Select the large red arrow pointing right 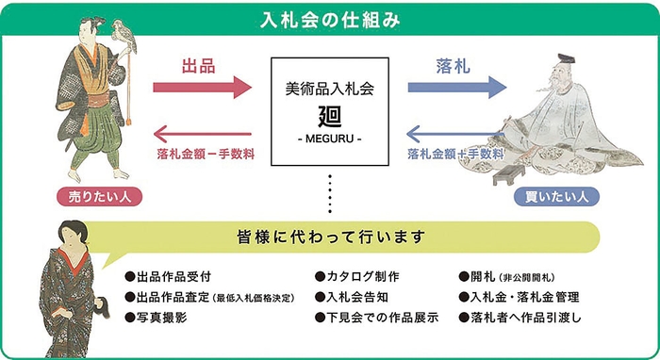pos(203,89)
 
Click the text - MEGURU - pos(329,140)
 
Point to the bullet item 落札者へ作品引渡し pos(524,319)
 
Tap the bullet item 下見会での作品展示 pos(383,319)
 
